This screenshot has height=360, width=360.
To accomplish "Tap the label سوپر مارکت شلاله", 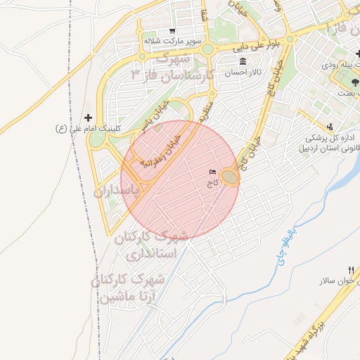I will pyautogui.click(x=173, y=41).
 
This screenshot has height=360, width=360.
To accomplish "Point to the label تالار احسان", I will pyautogui.click(x=243, y=73).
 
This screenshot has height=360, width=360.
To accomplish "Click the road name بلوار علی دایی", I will pyautogui.click(x=262, y=44).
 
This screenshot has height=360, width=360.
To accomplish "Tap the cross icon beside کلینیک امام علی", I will pyautogui.click(x=88, y=117).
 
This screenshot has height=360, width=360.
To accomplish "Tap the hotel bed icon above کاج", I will pyautogui.click(x=212, y=172).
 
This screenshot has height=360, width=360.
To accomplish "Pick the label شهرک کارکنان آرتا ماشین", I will pyautogui.click(x=128, y=288).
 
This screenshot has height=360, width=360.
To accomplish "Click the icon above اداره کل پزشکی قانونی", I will pyautogui.click(x=330, y=126).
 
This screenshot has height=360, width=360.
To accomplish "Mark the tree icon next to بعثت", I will pyautogui.click(x=345, y=84).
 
